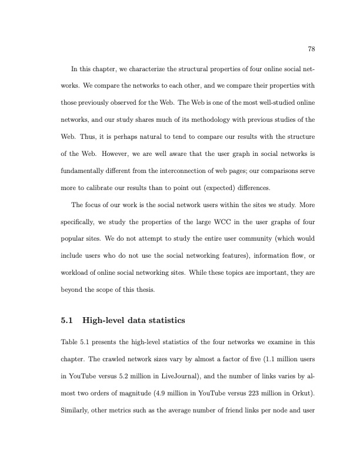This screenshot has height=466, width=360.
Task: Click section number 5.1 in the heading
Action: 66,321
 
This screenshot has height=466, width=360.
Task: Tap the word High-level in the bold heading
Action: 104,321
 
